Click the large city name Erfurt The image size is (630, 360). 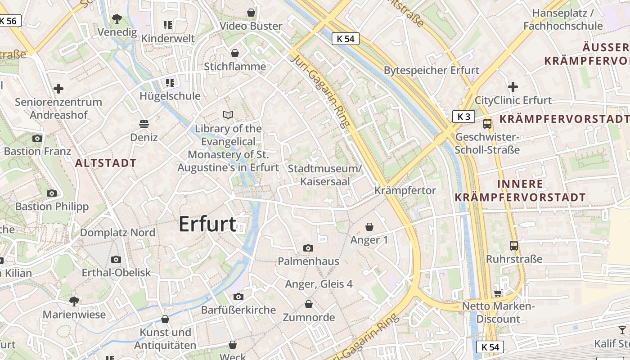pos(207,224)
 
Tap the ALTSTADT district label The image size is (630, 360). pos(106,163)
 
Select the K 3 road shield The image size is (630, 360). pos(463,117)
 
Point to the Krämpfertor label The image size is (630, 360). pos(405,191)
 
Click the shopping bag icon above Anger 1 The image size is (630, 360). pos(369,226)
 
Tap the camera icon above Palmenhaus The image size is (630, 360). pos(308,248)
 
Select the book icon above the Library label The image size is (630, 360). pos(229,115)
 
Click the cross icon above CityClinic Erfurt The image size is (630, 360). pos(513,87)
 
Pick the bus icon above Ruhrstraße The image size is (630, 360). pos(514,246)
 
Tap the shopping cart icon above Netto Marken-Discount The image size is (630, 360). pos(498,293)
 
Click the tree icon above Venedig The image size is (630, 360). pos(117,19)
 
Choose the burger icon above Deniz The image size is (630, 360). pos(144,124)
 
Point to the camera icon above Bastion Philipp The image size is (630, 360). pos(52,193)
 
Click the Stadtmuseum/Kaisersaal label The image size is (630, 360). pos(324,175)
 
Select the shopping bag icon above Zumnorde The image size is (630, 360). pos(308,305)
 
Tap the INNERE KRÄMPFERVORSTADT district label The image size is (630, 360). pos(520,190)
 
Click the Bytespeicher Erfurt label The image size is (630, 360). pos(432,70)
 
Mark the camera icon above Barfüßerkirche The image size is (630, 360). pos(238,297)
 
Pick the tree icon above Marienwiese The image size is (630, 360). pos(74,301)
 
